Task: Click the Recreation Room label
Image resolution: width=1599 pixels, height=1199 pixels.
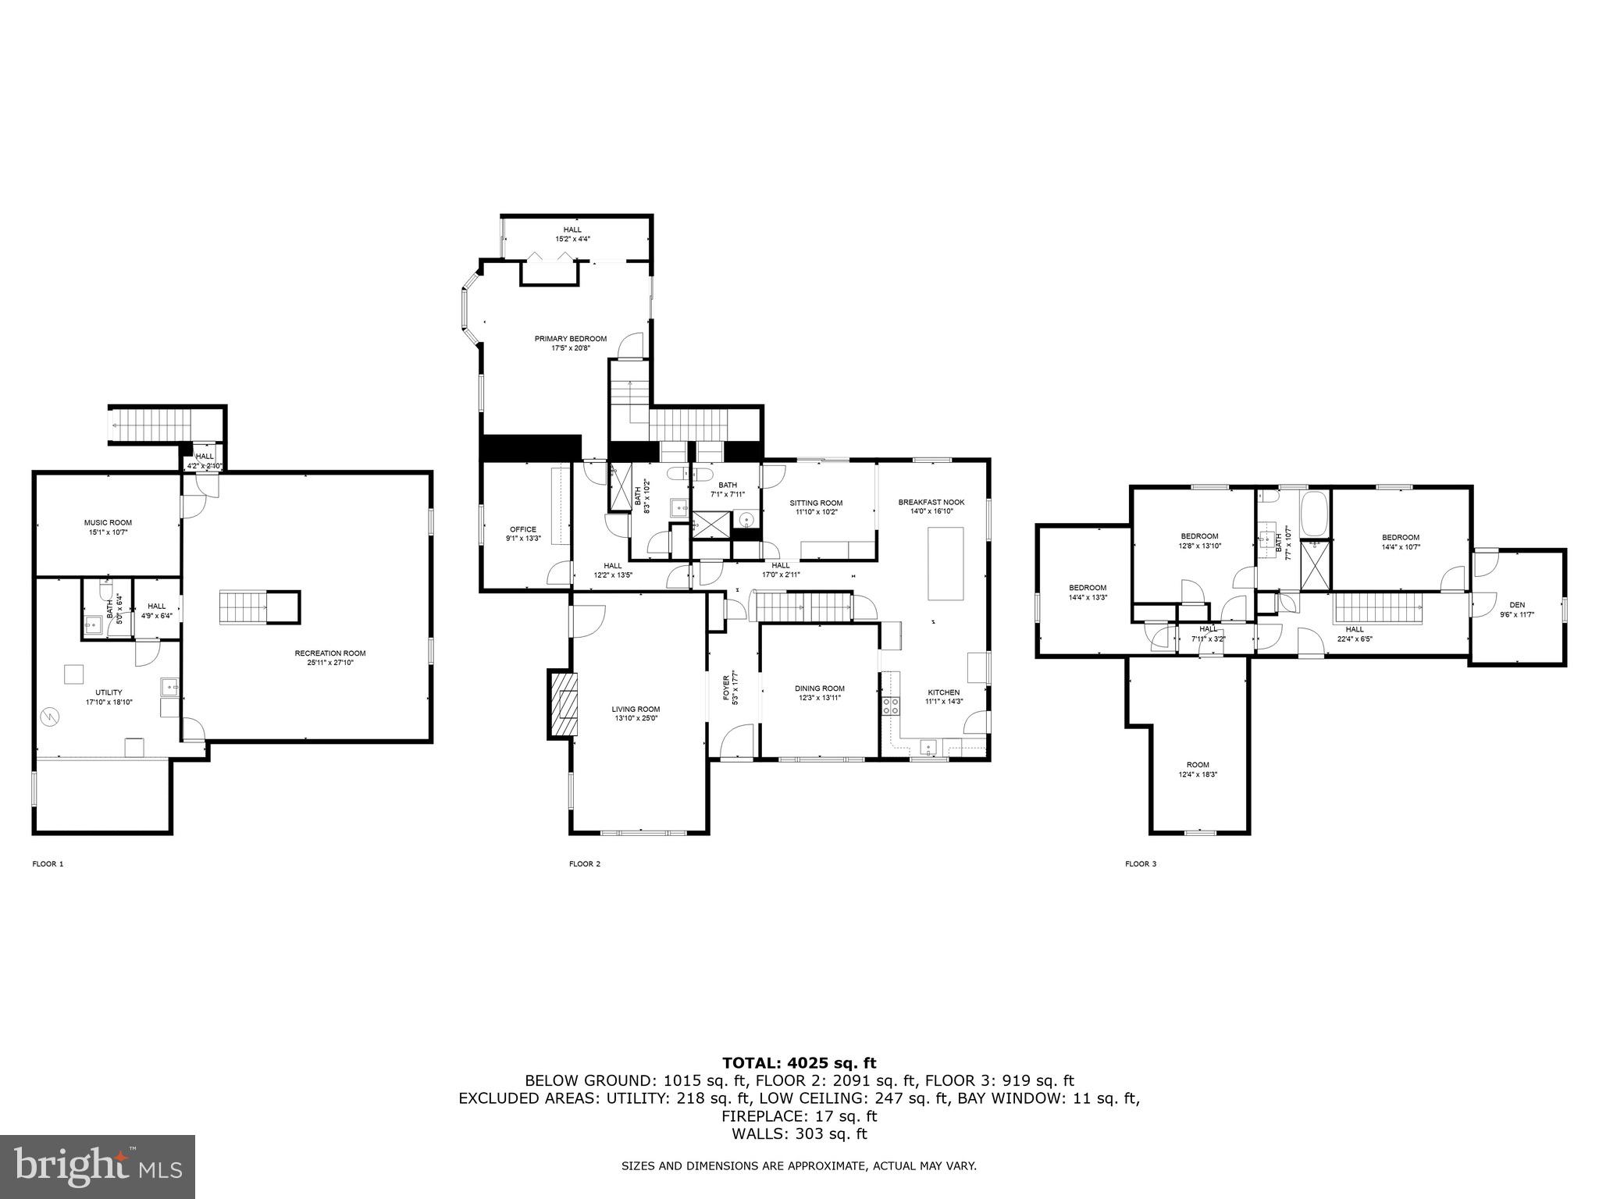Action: coord(329,658)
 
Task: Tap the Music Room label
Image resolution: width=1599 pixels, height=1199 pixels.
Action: coord(108,527)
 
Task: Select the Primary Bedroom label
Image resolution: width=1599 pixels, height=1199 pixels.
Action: coord(570,343)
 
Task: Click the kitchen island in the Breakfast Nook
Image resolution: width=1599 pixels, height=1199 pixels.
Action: coord(946,563)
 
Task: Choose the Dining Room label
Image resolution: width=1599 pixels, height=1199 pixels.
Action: coord(820,692)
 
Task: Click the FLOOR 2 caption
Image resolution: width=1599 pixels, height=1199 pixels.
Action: coord(584,863)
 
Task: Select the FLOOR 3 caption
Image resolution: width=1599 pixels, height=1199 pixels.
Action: coord(1140,863)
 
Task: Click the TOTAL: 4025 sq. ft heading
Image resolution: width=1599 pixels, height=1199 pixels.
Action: coord(799,1062)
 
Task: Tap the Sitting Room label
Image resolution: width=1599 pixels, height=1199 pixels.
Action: coord(816,507)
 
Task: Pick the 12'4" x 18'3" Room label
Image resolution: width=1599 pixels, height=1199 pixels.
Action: coord(1198,769)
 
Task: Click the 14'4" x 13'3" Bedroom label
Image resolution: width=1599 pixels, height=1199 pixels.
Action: coord(1088,592)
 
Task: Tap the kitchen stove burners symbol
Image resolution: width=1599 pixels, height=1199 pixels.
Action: coord(890,706)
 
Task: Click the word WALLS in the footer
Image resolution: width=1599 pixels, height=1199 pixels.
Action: coord(750,1134)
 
